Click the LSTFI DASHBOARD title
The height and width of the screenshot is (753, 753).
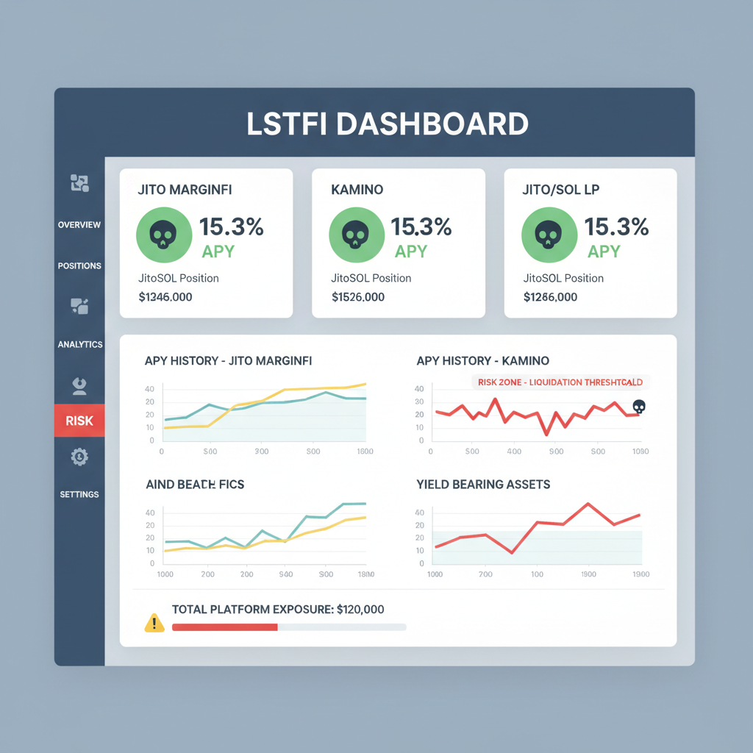(387, 124)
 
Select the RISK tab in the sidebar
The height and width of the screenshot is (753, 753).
(79, 421)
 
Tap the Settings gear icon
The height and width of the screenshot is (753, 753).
(79, 457)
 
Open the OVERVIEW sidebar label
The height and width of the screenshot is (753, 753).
(79, 224)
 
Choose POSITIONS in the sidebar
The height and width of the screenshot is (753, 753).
(79, 265)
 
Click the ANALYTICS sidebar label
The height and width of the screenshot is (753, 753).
(79, 344)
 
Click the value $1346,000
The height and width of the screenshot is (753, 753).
(165, 297)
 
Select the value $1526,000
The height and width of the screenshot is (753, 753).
(358, 297)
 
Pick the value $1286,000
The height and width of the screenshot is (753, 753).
(550, 297)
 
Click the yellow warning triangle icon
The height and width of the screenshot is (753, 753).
(154, 624)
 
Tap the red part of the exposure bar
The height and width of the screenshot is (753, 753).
(224, 627)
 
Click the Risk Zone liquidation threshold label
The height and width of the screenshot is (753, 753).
(560, 382)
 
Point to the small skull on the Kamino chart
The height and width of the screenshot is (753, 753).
(639, 406)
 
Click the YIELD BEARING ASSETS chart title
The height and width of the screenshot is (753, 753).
(483, 484)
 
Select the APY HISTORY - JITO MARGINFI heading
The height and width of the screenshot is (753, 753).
(228, 360)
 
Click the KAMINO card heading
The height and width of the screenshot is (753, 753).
(357, 190)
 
